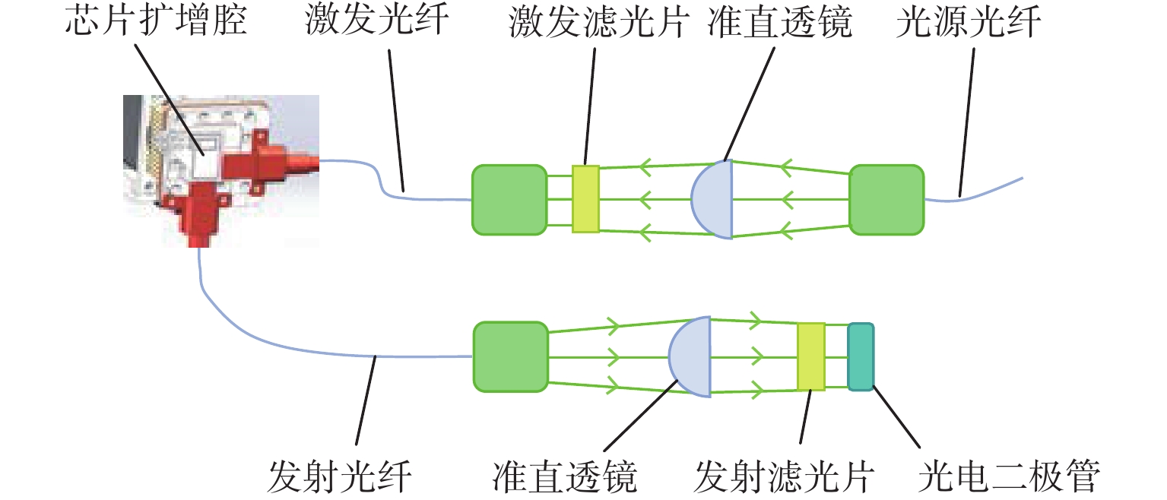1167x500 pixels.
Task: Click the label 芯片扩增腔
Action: pyautogui.click(x=156, y=23)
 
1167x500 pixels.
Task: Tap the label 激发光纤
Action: pyautogui.click(x=378, y=23)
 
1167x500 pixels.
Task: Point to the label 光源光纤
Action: pyautogui.click(x=968, y=23)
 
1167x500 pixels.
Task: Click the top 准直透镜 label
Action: pyautogui.click(x=778, y=23)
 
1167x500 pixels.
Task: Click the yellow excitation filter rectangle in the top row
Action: pyautogui.click(x=585, y=198)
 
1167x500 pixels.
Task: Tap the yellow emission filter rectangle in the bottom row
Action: pyautogui.click(x=811, y=356)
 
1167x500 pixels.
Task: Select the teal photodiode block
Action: pyautogui.click(x=861, y=357)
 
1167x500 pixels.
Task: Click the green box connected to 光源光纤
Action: pyautogui.click(x=886, y=199)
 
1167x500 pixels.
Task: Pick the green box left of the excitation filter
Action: pyautogui.click(x=509, y=199)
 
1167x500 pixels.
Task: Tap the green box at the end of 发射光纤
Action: pyautogui.click(x=510, y=357)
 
